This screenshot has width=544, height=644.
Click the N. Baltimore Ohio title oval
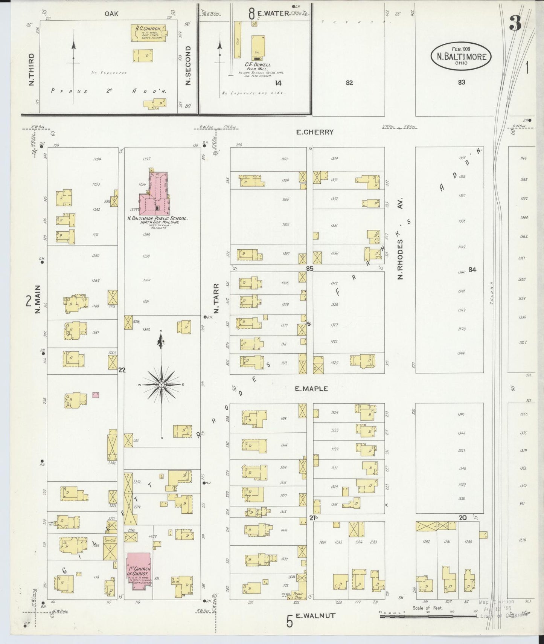click(x=461, y=56)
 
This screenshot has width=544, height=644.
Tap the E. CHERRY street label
click(x=315, y=132)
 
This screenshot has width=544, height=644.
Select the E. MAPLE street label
click(x=311, y=389)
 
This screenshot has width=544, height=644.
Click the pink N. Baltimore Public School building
click(x=154, y=193)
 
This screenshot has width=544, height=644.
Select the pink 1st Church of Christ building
click(x=139, y=570)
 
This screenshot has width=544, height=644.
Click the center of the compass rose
click(x=161, y=384)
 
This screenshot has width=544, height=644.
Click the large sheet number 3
click(x=515, y=24)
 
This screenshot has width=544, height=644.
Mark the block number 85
click(x=309, y=269)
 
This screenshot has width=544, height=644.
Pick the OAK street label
click(x=111, y=14)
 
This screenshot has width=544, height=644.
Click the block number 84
click(x=472, y=269)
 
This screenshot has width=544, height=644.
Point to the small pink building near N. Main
click(x=96, y=395)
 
